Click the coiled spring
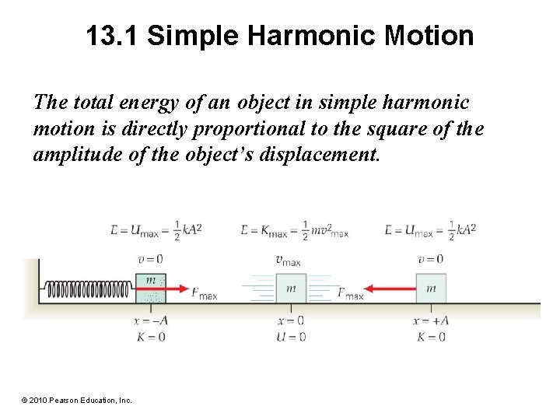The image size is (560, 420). point(89,290)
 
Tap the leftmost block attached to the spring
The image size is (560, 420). point(150,289)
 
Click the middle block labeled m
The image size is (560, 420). point(290,289)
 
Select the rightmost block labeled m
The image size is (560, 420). point(430,289)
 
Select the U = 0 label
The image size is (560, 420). point(290,337)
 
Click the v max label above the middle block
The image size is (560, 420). point(289,261)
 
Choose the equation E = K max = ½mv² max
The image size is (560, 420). point(294,231)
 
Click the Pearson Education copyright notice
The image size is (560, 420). point(76,400)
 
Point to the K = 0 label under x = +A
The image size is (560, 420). point(431,337)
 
